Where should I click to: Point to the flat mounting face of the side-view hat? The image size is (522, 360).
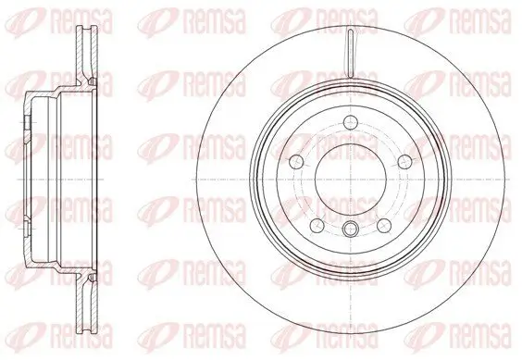23,176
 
